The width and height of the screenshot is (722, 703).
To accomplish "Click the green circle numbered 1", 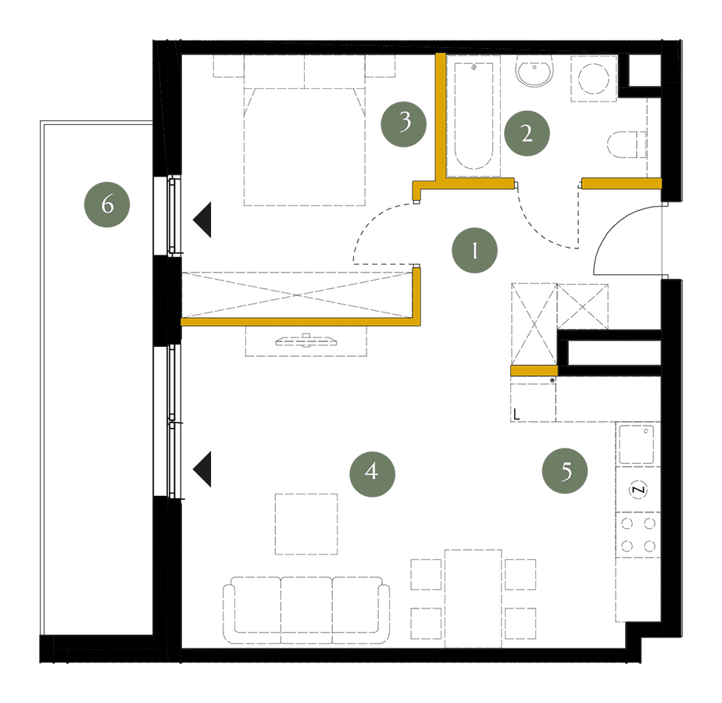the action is click(475, 250).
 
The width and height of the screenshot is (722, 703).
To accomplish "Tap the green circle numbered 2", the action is click(527, 133).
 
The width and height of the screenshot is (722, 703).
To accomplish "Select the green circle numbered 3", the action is click(404, 124).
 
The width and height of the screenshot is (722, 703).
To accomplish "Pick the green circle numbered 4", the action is click(372, 473).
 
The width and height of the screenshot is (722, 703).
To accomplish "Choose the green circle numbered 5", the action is click(565, 470).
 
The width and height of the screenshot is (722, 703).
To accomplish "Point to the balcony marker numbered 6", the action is click(107, 205).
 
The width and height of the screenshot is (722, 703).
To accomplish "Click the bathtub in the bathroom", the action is click(474, 116).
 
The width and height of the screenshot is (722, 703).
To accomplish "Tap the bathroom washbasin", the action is click(534, 71).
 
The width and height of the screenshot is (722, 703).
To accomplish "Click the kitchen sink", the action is click(636, 444).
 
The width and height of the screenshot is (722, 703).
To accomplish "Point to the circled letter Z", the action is click(638, 489).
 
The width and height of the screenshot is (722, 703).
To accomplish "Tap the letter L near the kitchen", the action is click(516, 414).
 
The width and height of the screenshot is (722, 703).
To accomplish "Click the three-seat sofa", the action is click(306, 609).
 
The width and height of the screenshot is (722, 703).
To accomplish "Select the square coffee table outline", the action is click(306, 524).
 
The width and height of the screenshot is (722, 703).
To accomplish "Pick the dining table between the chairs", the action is click(473, 598).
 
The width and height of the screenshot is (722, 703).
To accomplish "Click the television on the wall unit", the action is click(306, 341).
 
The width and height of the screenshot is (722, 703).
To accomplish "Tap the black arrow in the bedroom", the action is click(202, 219).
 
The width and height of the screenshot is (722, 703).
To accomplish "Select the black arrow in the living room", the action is click(202, 469).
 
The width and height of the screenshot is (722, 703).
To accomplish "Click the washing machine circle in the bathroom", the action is click(594, 78).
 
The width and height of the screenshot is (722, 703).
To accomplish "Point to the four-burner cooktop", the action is click(638, 534).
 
